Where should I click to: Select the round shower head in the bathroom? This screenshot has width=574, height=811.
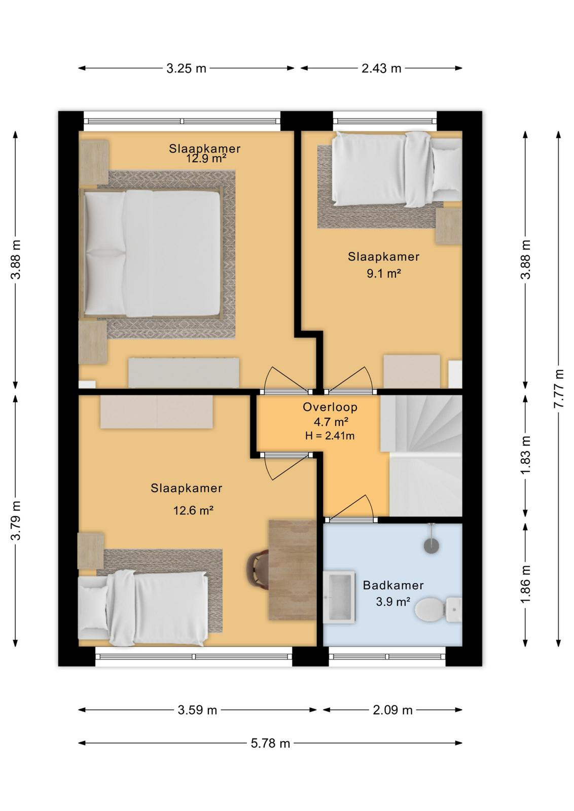coord(431,545)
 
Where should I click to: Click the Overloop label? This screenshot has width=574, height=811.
coord(330,408)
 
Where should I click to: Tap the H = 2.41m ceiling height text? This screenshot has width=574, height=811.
coord(330,435)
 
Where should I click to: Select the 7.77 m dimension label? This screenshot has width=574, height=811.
coord(558,388)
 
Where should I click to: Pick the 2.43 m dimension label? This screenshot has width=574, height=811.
coord(381,68)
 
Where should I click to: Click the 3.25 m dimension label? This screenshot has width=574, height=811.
coord(186,68)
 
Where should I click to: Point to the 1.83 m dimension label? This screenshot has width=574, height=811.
coord(525,455)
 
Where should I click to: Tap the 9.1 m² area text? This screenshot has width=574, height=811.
coord(383,274)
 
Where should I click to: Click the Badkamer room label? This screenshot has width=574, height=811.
coord(393,585)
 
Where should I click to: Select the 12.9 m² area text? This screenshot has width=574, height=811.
coord(206,158)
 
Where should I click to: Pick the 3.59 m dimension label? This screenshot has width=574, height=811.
coord(197,710)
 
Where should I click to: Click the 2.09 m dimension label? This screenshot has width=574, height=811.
coord(393,710)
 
